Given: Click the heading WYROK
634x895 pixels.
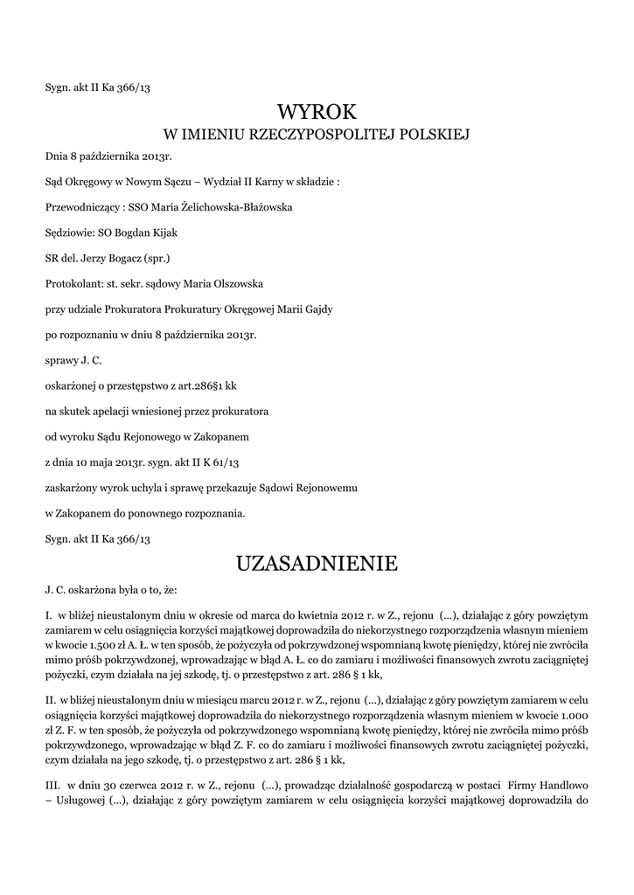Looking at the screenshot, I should coord(317,111).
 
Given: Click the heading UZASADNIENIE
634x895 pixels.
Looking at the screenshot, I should coord(317,564).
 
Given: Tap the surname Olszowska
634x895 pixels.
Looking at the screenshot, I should coord(218,283).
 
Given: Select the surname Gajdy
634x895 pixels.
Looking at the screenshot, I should coord(312,309).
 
